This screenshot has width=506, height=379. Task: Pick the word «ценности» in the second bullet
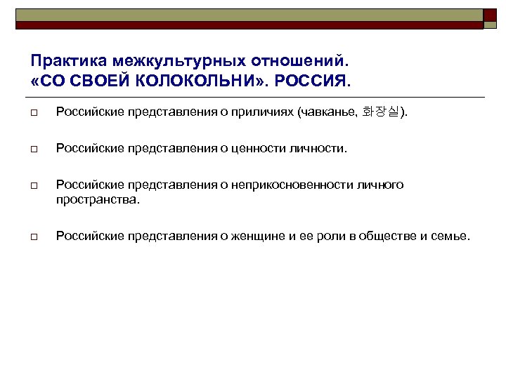[x=268, y=148]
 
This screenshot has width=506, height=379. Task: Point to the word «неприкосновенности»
[x=287, y=185]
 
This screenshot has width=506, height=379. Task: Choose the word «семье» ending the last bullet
[x=451, y=236]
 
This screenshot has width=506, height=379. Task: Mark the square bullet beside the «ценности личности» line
[x=34, y=149]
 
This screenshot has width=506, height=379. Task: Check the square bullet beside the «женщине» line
[x=34, y=237]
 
